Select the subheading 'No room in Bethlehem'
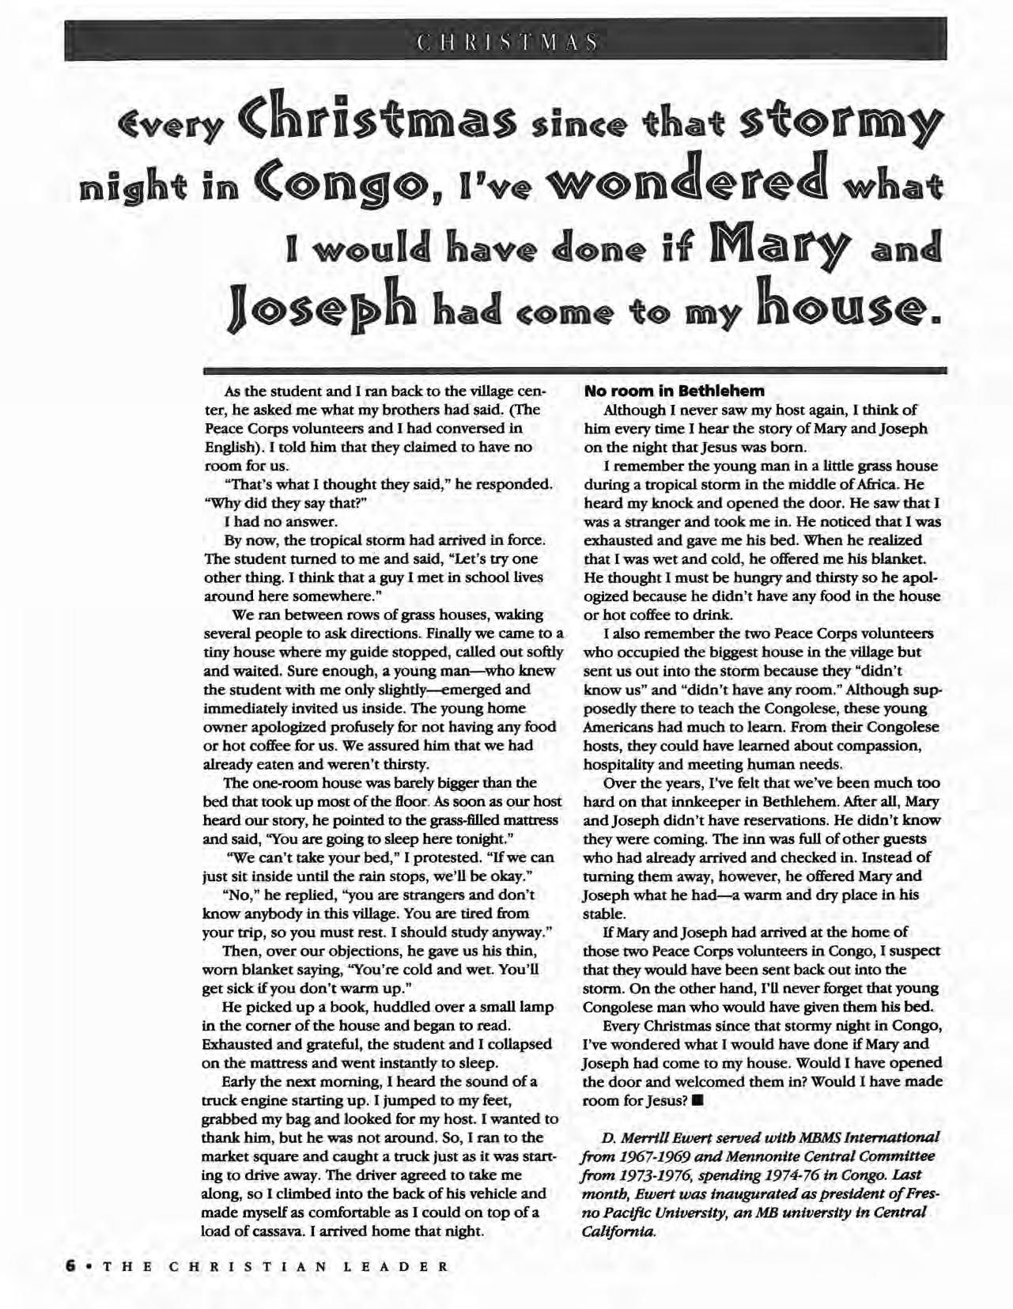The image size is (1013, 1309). (x=674, y=391)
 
